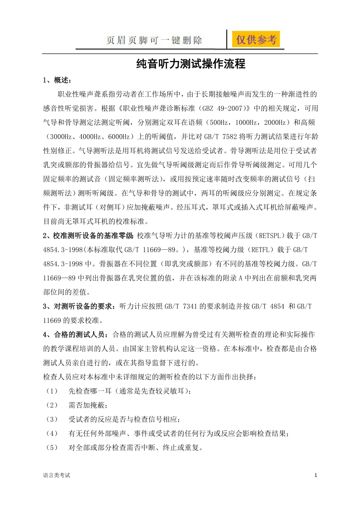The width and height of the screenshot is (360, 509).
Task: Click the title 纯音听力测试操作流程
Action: tap(191, 64)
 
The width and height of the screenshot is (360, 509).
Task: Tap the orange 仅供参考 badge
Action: tap(256, 39)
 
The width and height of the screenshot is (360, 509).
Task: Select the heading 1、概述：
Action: tap(57, 81)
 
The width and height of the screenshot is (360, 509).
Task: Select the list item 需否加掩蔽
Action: tap(87, 405)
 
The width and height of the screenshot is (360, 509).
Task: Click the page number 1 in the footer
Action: tap(315, 475)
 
